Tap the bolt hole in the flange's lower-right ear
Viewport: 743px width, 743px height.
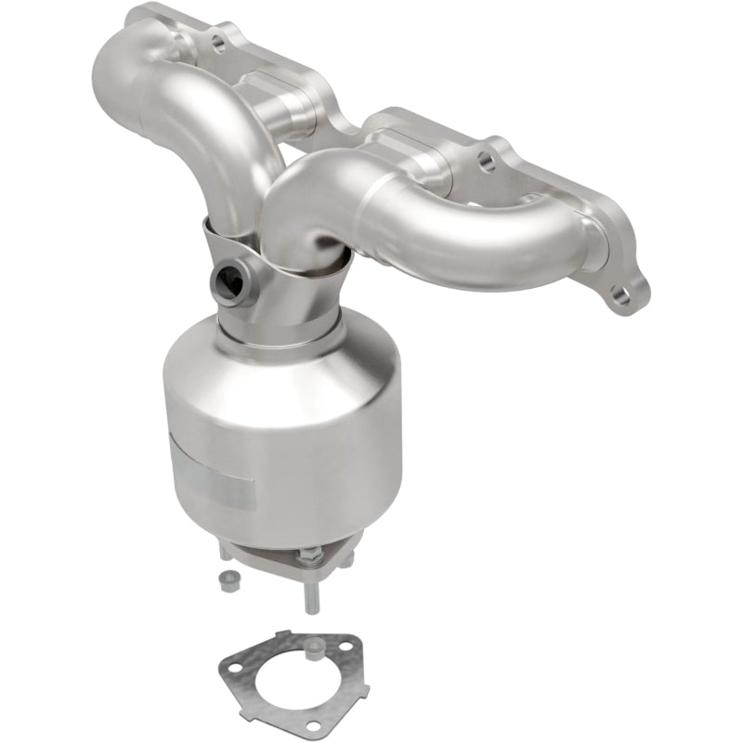pyautogui.click(x=621, y=298)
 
